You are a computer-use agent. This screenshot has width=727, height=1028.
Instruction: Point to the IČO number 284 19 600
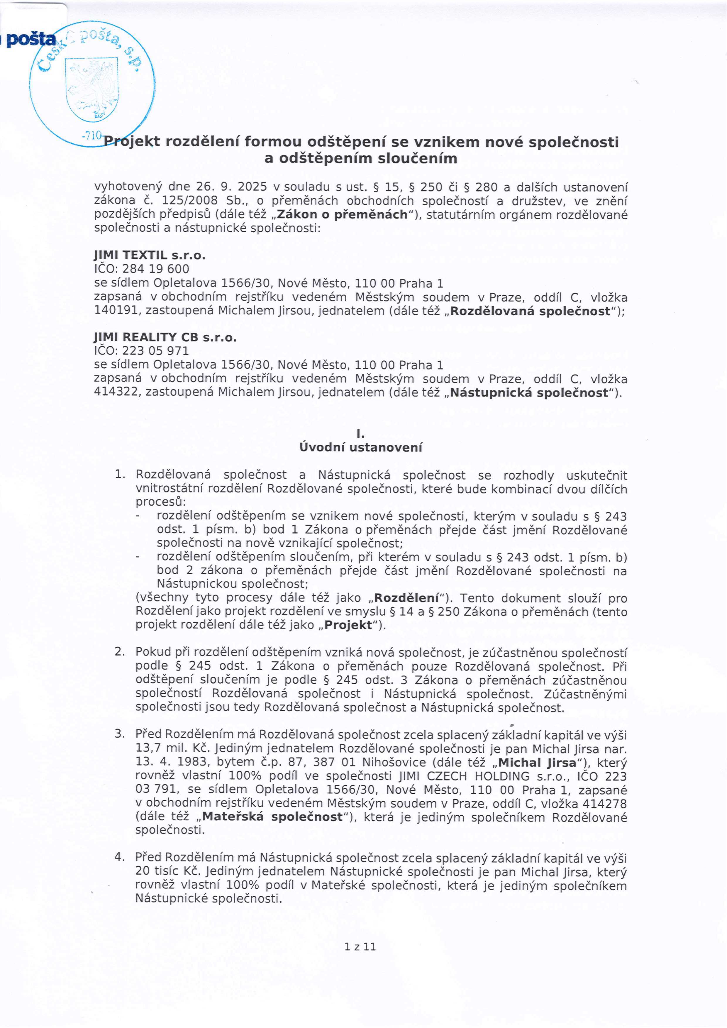tap(155, 269)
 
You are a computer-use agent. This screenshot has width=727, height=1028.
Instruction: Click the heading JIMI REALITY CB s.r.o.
tap(165, 337)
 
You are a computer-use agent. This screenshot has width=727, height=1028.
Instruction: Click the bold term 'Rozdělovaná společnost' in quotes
tap(530, 311)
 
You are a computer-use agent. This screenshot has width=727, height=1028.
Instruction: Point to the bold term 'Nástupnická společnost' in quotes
tap(529, 393)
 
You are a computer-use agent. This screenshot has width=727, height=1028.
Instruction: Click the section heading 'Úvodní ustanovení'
tap(360, 447)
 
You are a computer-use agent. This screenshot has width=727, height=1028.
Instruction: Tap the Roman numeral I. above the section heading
tap(360, 434)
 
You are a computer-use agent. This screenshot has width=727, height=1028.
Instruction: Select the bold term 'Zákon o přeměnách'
tap(343, 214)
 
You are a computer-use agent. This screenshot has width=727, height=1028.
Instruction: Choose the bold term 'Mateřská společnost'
tap(272, 817)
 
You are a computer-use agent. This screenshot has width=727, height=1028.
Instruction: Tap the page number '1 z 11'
tap(360, 946)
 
